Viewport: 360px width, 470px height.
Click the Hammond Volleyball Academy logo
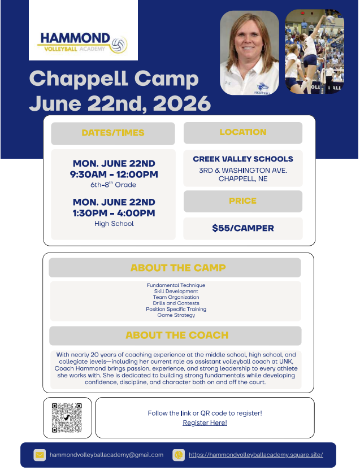[x=83, y=42]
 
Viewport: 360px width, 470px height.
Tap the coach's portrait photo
[x=249, y=53]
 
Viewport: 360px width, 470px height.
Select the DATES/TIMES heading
[x=113, y=133]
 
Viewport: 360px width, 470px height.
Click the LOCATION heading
[x=243, y=132]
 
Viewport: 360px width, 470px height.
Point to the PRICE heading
[x=243, y=201]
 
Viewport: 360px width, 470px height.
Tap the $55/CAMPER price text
[x=243, y=229]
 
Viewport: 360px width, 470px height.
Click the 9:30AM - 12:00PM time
[x=114, y=175]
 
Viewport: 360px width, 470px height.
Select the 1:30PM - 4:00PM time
[x=114, y=213]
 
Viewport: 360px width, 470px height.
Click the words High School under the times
[x=114, y=224]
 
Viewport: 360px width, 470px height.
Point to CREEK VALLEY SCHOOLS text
[x=243, y=159]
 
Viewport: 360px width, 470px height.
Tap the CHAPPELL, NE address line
[x=243, y=179]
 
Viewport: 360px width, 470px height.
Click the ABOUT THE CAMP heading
[x=178, y=268]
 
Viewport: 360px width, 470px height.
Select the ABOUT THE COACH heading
[x=177, y=335]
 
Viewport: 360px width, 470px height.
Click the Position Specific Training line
[x=176, y=310]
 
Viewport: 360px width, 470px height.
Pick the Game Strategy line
[x=176, y=315]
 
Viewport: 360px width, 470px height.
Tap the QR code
[x=67, y=417]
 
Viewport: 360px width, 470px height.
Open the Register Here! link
[x=205, y=423]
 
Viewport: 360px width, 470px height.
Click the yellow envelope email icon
[x=40, y=455]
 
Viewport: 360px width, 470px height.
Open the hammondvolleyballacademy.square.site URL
[x=255, y=455]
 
